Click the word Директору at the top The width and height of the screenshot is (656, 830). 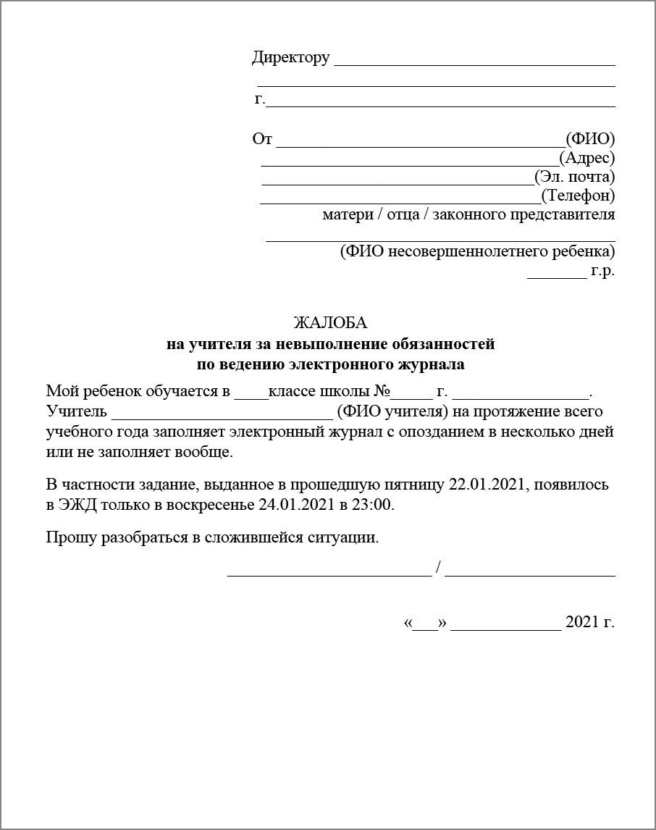(x=290, y=58)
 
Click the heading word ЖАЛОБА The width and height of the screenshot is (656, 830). (x=331, y=322)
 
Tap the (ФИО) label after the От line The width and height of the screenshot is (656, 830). (x=590, y=138)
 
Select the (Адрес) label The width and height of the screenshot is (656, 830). (x=587, y=157)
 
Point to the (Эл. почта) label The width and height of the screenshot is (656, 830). (x=575, y=176)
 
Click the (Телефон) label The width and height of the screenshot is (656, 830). (x=578, y=195)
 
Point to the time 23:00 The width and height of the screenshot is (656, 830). (x=374, y=505)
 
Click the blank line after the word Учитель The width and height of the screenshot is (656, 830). (x=222, y=417)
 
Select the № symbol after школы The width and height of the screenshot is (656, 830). (x=382, y=393)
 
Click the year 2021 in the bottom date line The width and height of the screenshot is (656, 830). (x=581, y=622)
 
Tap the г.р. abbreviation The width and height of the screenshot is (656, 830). (x=602, y=272)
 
